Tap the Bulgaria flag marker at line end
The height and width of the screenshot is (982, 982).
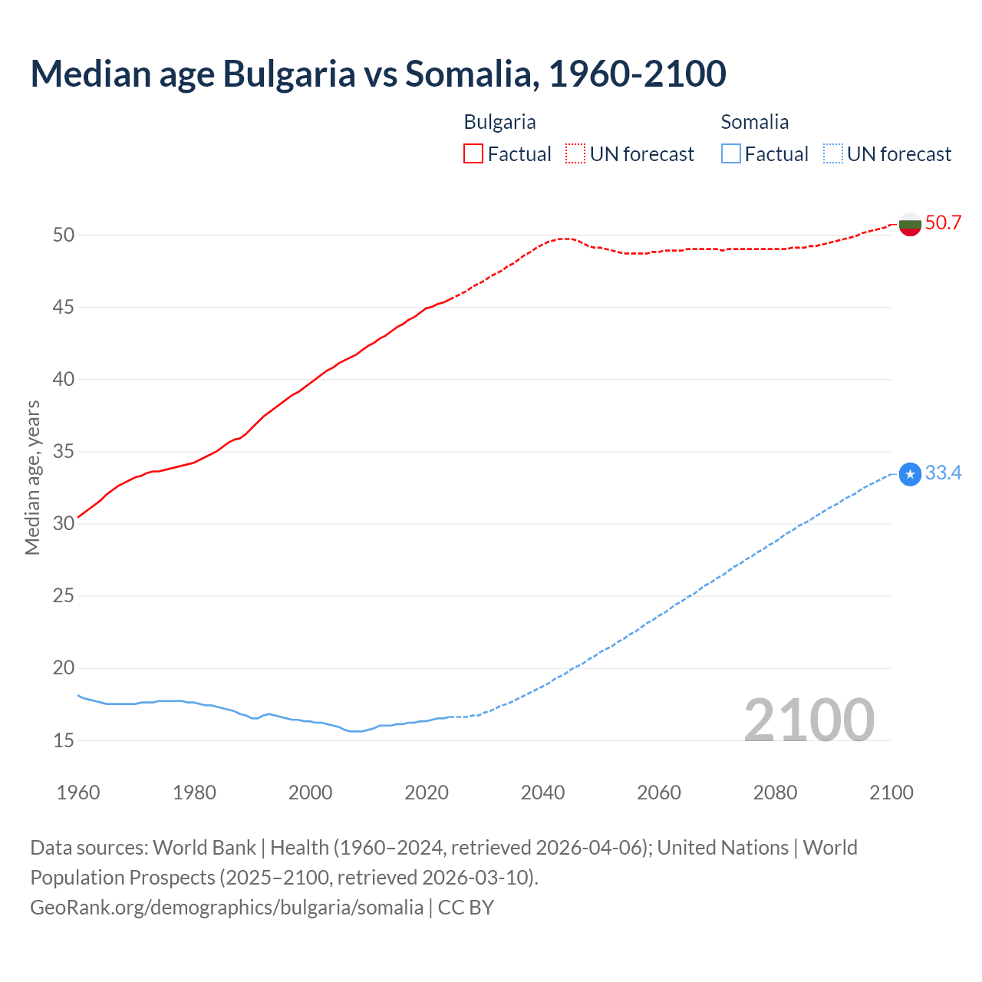(x=910, y=224)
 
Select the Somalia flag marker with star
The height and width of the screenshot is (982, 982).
(x=910, y=475)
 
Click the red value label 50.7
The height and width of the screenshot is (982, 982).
(x=943, y=223)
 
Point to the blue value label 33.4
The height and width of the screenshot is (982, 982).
(x=943, y=473)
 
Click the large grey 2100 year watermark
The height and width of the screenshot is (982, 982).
(x=809, y=720)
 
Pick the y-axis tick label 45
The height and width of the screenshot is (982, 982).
(x=64, y=308)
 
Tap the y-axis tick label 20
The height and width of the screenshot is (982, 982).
(x=64, y=668)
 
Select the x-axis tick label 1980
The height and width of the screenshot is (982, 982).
(x=194, y=793)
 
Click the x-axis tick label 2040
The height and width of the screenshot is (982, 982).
(x=542, y=793)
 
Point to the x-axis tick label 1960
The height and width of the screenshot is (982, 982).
(x=78, y=793)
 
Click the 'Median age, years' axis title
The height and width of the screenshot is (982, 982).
(x=32, y=477)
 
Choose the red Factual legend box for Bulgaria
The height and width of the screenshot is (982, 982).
(x=473, y=154)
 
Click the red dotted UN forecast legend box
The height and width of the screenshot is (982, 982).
(x=575, y=154)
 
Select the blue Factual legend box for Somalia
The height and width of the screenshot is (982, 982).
(x=731, y=154)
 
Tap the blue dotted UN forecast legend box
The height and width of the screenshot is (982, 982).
(x=832, y=154)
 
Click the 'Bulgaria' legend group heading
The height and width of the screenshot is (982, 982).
(x=499, y=122)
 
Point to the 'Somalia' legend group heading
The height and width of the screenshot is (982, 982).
(x=754, y=122)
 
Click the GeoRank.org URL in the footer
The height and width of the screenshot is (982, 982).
(x=226, y=908)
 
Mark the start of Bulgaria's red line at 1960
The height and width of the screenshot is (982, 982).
(x=78, y=517)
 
